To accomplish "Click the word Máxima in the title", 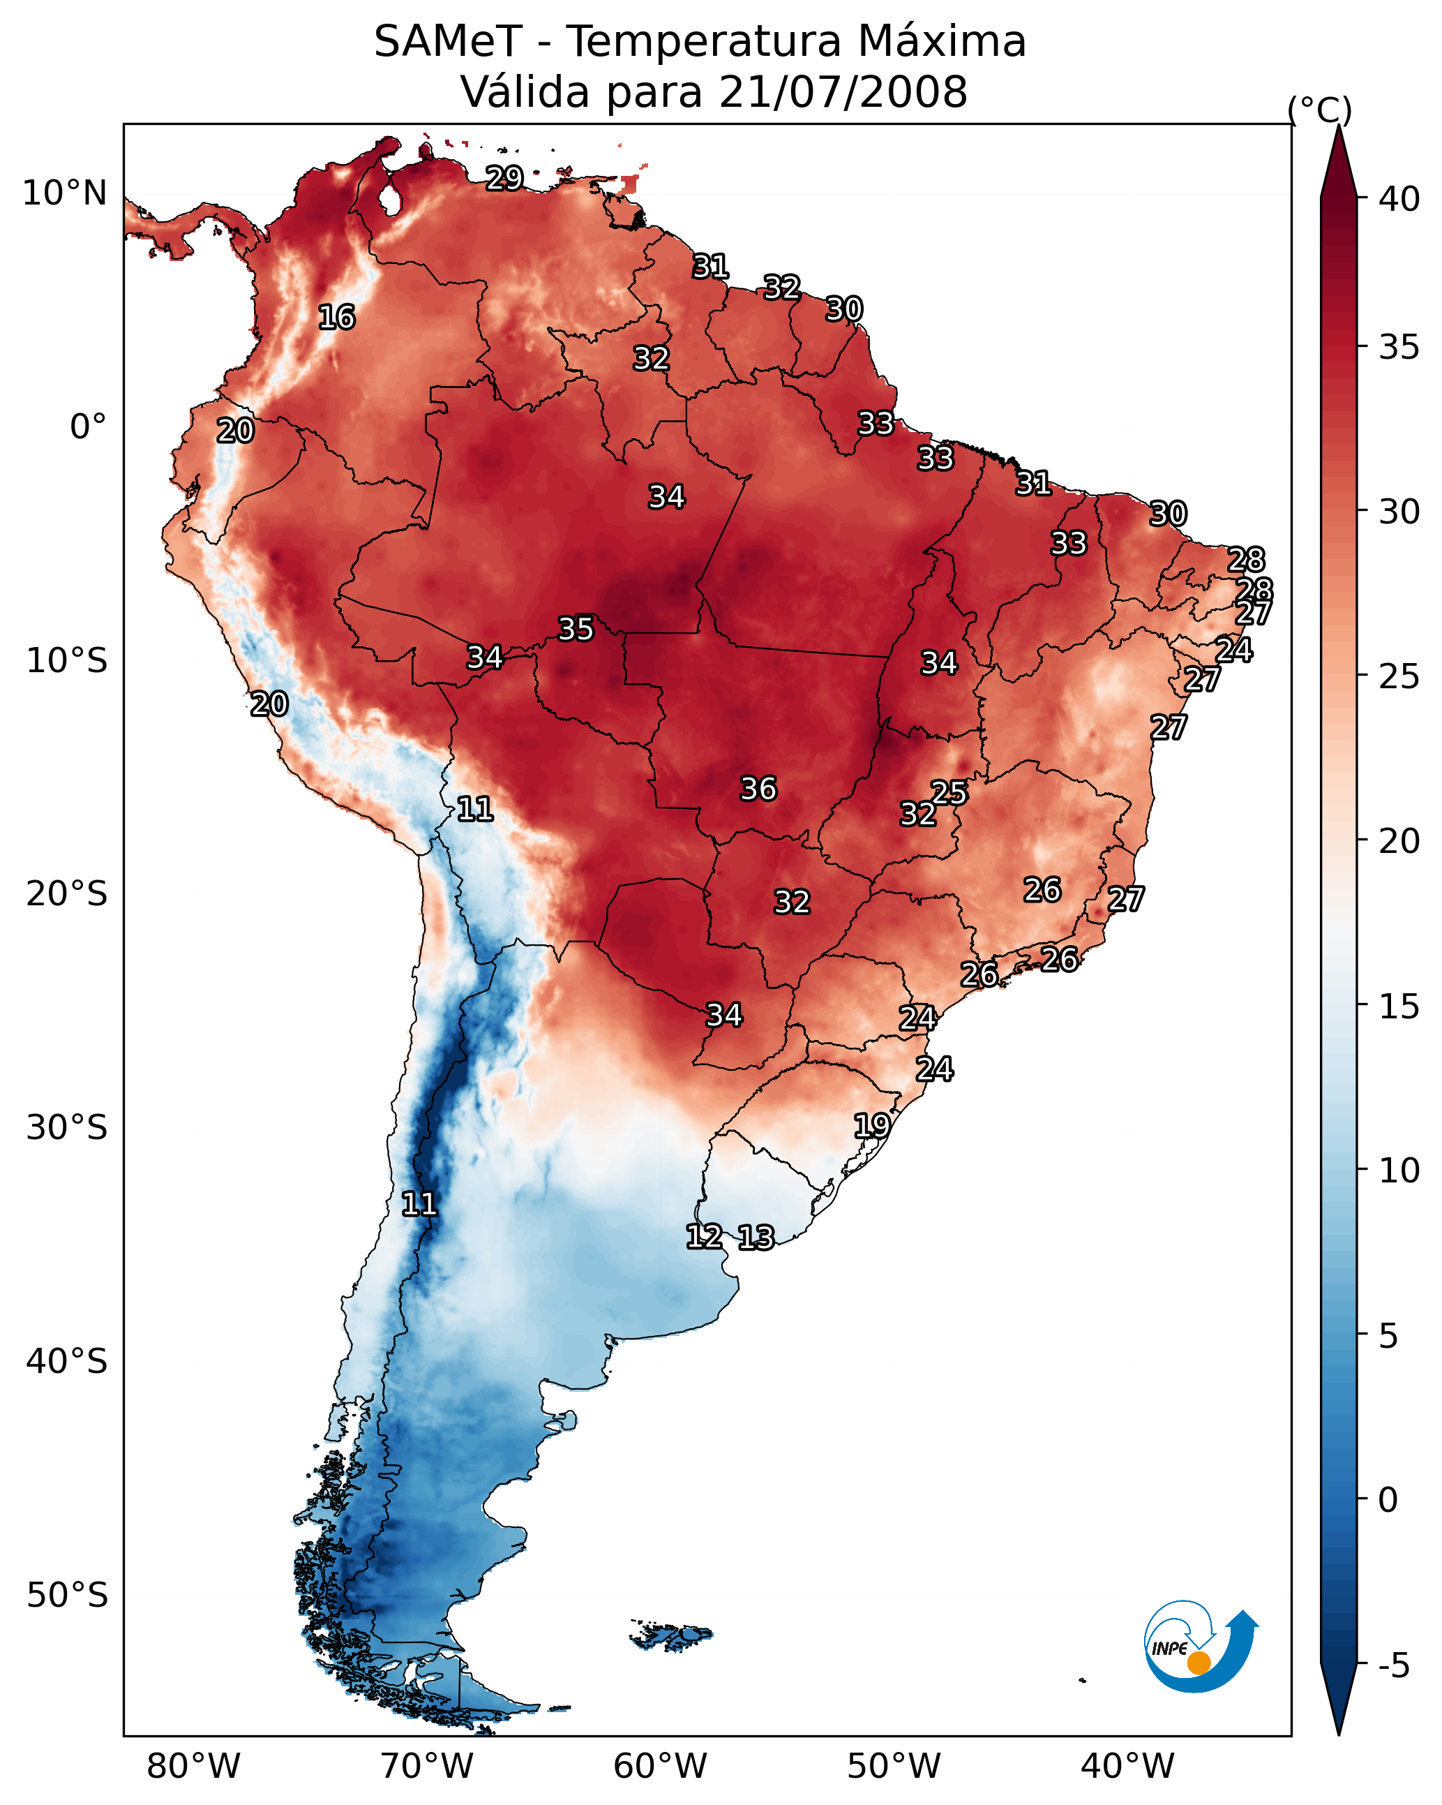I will [940, 42].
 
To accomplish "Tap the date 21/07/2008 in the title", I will [843, 92].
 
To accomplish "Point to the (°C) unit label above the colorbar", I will [1319, 110].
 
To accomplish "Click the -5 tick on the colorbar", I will [1393, 1665].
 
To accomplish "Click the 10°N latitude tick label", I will [64, 193].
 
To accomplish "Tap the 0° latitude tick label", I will [88, 427].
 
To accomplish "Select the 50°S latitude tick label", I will [67, 1596].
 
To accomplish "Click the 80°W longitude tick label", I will [193, 1767].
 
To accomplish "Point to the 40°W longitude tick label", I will [1127, 1767].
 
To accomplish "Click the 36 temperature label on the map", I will [758, 789].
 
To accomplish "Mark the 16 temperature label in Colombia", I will [336, 318].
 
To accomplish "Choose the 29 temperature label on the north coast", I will [504, 178].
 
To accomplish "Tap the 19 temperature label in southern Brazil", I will [871, 1125].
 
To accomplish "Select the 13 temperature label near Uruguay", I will [756, 1238].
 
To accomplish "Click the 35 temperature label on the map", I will [576, 629].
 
